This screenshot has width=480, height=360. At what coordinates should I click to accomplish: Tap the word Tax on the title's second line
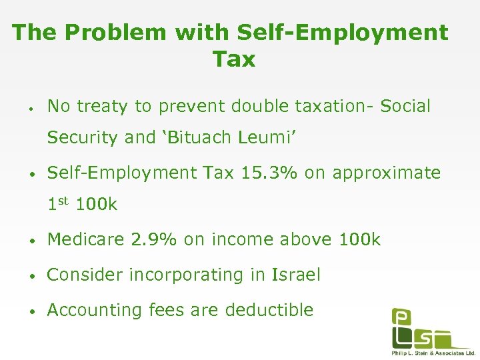[234, 59]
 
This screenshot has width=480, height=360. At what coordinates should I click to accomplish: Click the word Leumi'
[269, 138]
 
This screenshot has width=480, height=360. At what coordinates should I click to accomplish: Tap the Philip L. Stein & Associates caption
[433, 352]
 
